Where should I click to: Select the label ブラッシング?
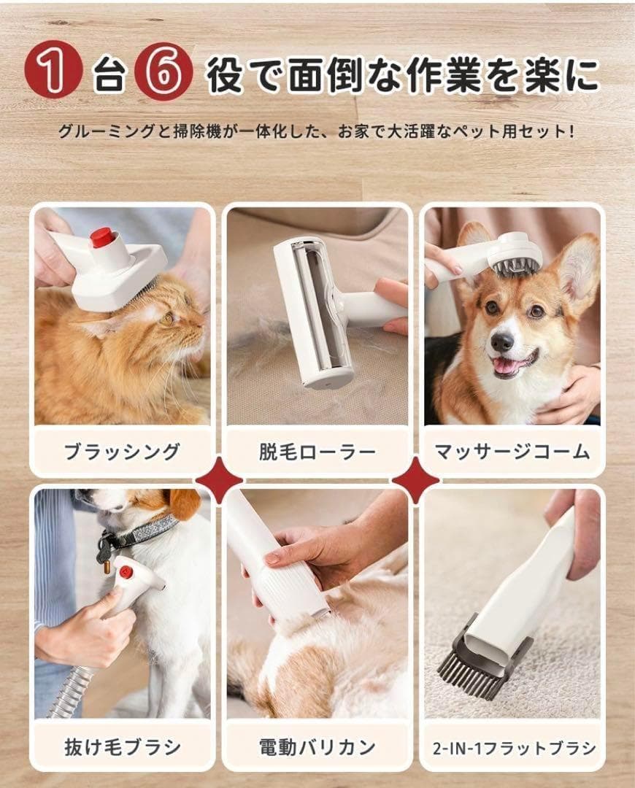point(122,452)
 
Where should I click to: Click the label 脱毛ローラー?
point(317,452)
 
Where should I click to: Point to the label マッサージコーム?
point(512,452)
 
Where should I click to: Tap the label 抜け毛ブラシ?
point(122,746)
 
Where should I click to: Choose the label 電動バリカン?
point(317,746)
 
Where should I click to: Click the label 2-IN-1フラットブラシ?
point(512,747)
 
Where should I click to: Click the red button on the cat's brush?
point(102,237)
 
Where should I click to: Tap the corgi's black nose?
point(501,341)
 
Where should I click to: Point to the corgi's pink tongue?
point(504,366)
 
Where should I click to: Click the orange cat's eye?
point(167,318)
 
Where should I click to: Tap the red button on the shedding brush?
point(126,571)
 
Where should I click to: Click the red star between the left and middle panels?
point(219,480)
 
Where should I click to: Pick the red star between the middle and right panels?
point(415,480)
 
